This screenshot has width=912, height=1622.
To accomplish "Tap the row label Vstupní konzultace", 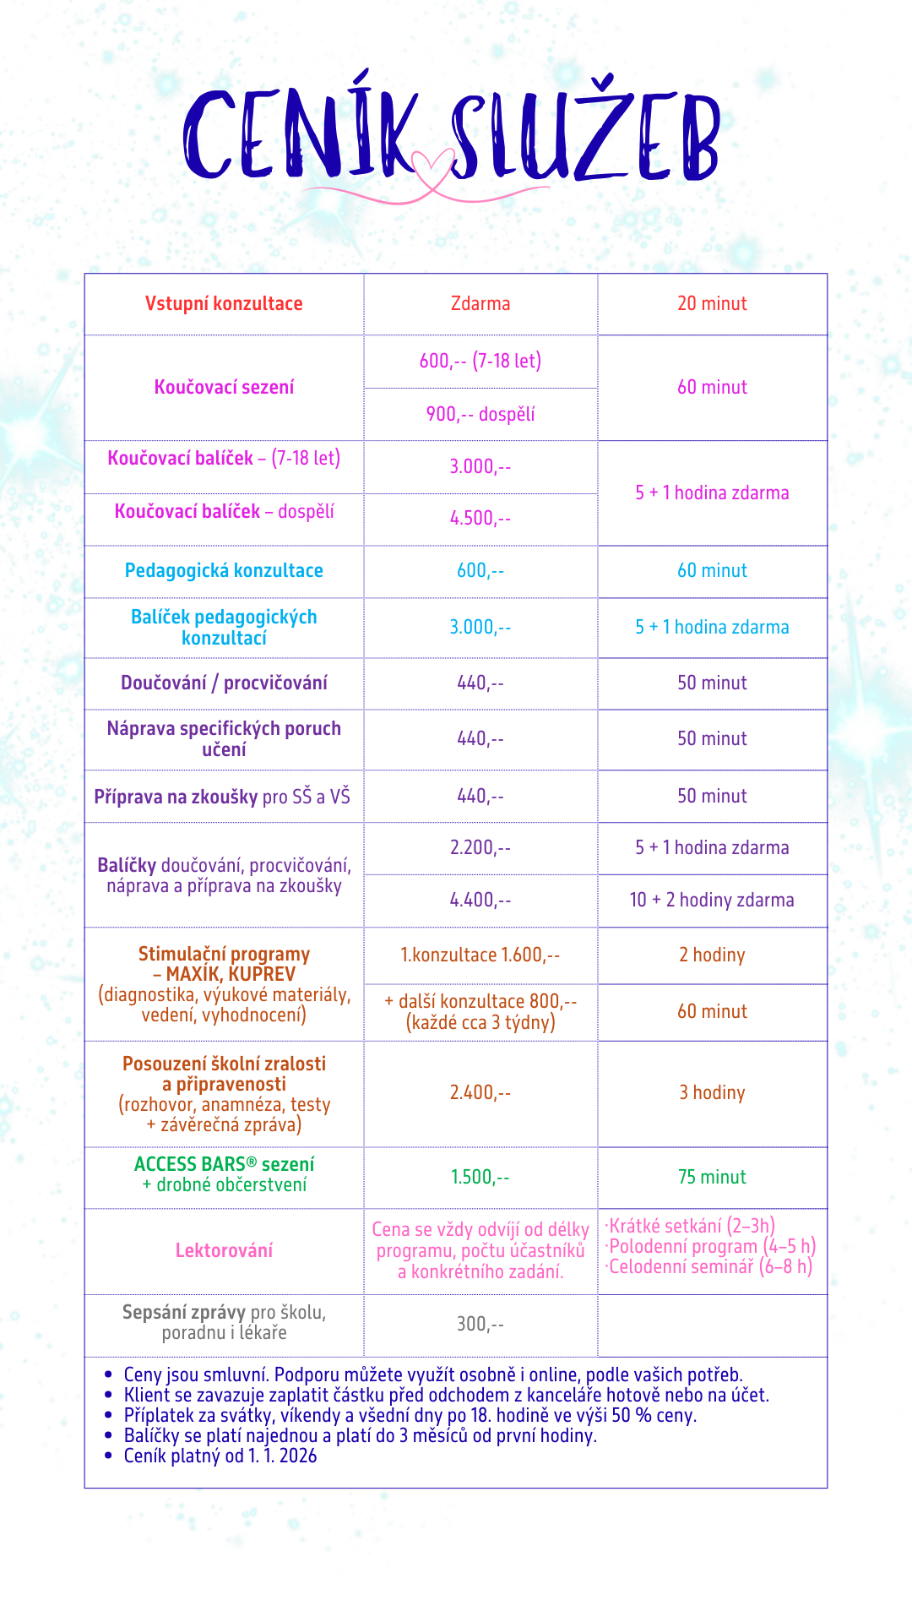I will click(x=224, y=304).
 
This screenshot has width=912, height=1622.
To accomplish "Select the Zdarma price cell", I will click(x=480, y=304).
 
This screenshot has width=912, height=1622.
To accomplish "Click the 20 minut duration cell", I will click(x=712, y=304).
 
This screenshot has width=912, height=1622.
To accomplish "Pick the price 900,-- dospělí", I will click(x=480, y=415).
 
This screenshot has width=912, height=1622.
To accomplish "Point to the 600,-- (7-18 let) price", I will click(x=480, y=362).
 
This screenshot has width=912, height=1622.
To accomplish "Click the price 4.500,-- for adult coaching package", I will click(x=480, y=519).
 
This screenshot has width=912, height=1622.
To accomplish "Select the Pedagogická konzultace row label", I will click(x=224, y=571).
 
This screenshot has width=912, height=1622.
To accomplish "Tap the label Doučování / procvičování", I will click(x=224, y=683).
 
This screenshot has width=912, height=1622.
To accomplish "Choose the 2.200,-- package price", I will click(x=480, y=848).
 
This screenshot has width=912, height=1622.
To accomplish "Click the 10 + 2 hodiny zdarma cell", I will click(x=712, y=901).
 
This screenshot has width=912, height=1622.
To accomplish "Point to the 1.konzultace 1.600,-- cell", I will click(x=480, y=955).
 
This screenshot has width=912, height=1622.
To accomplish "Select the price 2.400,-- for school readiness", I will click(x=480, y=1093).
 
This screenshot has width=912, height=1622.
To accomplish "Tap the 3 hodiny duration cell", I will click(x=712, y=1093).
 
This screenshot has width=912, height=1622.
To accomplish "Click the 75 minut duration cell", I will click(x=712, y=1178).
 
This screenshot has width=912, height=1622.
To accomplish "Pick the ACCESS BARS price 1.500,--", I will click(x=480, y=1178).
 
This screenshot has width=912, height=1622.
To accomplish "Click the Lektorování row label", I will click(x=224, y=1251).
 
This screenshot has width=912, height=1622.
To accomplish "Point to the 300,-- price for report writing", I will click(x=480, y=1325).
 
